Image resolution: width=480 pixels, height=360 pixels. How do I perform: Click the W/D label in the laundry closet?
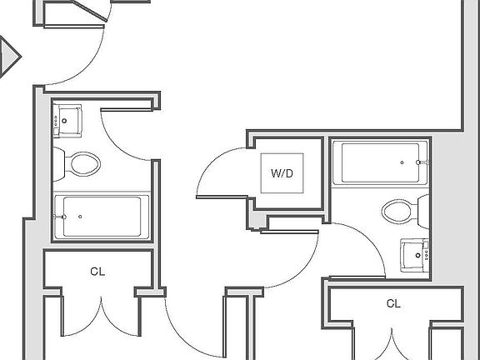point(282,173)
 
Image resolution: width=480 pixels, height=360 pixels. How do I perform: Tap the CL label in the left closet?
point(97,272)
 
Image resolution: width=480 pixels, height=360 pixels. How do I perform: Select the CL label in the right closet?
point(393,303)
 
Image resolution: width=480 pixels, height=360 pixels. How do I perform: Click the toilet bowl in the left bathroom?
point(85,164)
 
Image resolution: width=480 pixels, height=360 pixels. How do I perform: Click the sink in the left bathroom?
point(67,121)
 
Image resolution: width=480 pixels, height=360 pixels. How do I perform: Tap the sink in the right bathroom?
point(414,255)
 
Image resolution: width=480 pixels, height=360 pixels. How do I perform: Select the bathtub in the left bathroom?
point(102,217)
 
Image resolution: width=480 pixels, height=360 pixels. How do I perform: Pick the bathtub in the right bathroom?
point(380,162)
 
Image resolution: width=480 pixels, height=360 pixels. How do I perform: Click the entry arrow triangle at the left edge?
point(8,57)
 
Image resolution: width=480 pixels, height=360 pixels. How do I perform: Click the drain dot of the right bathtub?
point(402,162)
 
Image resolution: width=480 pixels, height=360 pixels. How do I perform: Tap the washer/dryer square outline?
point(282,173)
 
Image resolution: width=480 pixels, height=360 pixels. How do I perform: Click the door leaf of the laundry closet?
point(222,197)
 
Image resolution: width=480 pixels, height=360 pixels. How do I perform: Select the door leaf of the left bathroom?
point(127,110)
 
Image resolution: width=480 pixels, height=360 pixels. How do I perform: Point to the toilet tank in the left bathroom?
point(59,164)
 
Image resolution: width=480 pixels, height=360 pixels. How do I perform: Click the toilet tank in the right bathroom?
point(423,212)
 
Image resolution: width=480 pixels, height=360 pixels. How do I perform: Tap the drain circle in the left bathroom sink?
point(64,121)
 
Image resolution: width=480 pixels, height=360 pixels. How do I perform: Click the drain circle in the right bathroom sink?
point(418,255)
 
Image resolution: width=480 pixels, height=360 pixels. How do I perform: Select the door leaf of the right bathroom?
point(357,277)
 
